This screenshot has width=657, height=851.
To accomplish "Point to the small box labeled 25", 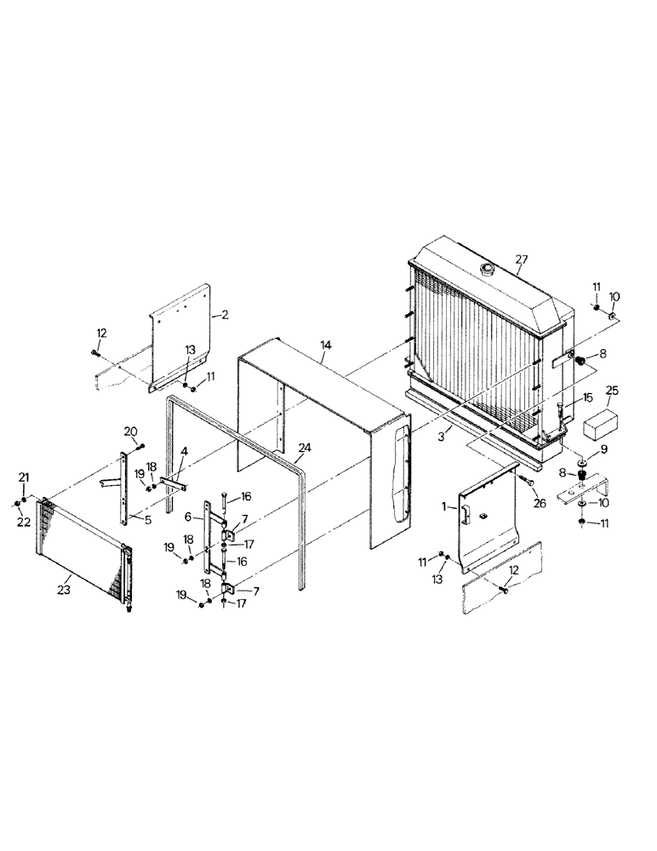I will click(x=601, y=423).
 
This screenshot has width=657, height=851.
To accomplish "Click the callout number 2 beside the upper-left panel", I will click(x=225, y=315).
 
